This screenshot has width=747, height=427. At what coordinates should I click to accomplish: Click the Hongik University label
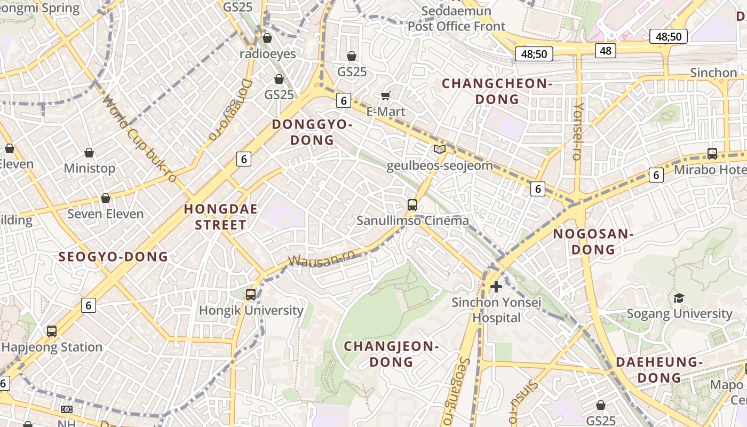click(x=251, y=310)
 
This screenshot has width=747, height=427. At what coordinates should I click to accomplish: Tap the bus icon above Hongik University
click(x=251, y=294)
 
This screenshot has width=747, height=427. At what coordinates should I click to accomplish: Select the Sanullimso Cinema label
click(x=412, y=220)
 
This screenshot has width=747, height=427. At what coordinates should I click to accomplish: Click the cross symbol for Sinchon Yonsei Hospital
click(x=496, y=287)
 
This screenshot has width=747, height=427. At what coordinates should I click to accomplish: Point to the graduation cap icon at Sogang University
click(x=679, y=298)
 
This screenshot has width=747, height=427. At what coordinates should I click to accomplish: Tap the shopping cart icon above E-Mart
click(x=386, y=96)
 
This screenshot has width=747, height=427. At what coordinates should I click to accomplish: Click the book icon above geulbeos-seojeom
click(x=439, y=149)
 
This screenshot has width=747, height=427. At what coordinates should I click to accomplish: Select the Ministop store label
click(x=89, y=168)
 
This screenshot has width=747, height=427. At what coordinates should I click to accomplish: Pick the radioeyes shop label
click(x=267, y=54)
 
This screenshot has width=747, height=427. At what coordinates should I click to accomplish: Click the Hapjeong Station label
click(x=52, y=347)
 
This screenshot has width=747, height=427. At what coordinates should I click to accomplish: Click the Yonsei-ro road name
click(x=578, y=131)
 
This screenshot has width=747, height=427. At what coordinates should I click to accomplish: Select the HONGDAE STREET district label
click(x=221, y=217)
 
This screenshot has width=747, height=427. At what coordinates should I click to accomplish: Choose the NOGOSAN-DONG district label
click(x=592, y=241)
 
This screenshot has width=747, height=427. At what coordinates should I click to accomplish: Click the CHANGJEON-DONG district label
click(x=391, y=354)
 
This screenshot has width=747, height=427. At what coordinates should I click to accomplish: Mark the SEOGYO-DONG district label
click(x=113, y=257)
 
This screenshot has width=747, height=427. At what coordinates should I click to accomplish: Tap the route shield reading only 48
click(x=606, y=51)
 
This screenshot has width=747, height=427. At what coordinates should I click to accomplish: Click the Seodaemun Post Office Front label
click(x=456, y=19)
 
